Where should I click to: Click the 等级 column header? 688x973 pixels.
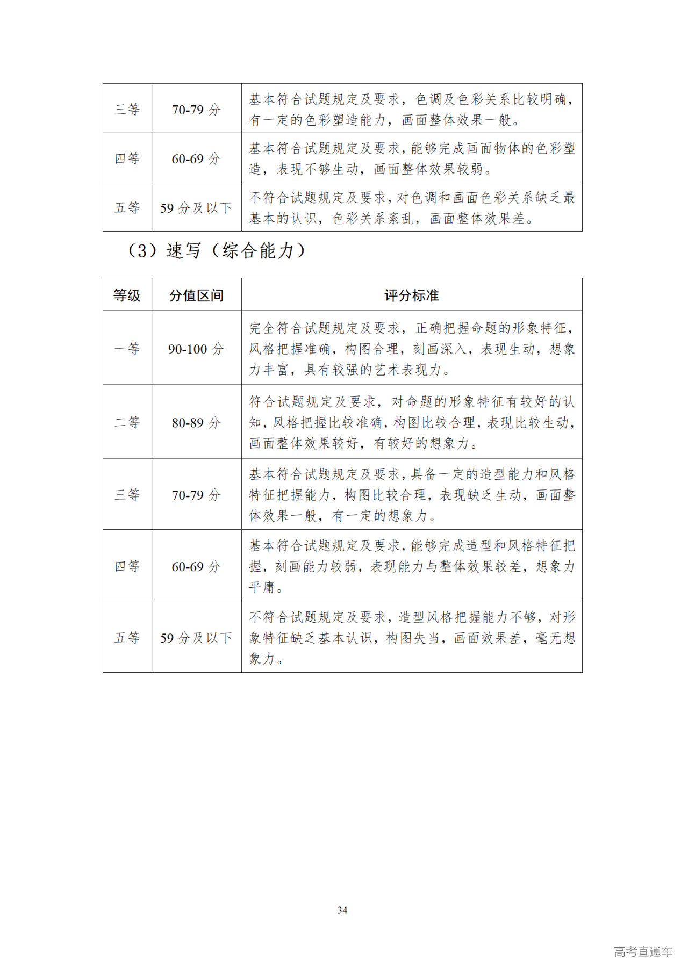coord(127,295)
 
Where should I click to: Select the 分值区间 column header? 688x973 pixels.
coord(196,295)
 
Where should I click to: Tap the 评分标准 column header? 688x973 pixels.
coord(411,295)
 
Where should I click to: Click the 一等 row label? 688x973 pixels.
coord(127,348)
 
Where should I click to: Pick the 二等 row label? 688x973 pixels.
coord(127,422)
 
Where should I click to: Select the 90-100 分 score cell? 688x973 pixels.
coord(196,349)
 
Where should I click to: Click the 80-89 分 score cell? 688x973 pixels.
coord(196,422)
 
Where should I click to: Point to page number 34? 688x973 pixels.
coord(342,910)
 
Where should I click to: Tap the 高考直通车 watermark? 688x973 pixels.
coord(643,952)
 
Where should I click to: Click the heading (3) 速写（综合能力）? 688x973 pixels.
coord(217,250)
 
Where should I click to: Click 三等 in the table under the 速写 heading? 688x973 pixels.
coord(127,494)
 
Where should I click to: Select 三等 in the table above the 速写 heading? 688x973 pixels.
coord(127,109)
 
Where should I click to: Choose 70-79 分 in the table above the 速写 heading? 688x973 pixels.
coord(196,110)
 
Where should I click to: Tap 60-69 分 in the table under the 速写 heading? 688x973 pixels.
coord(196,566)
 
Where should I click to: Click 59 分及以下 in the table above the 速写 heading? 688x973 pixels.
coord(196,207)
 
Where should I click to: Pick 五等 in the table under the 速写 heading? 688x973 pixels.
coord(127,638)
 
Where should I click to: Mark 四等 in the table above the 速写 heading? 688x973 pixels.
coord(127,158)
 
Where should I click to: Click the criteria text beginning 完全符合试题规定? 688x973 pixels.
coord(411,348)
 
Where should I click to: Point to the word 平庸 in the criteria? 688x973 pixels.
coord(262,587)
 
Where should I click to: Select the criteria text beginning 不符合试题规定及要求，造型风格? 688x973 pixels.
coord(411,638)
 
